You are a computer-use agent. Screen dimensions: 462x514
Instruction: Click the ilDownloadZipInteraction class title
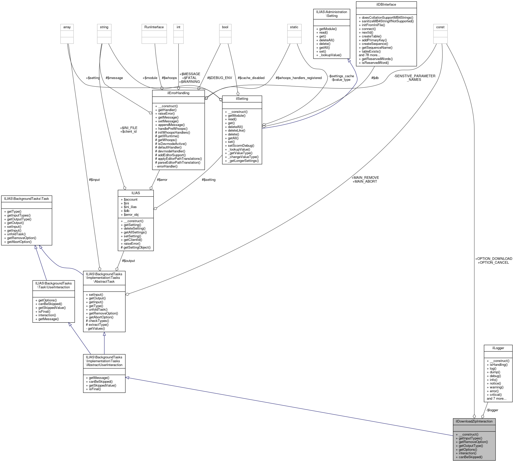click(x=474, y=421)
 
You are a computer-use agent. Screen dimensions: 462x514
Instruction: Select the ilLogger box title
click(x=498, y=348)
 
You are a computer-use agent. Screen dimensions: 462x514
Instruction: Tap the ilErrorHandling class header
click(x=178, y=93)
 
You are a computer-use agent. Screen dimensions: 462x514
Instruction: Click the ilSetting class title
click(x=242, y=99)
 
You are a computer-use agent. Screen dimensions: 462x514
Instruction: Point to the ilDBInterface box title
click(x=386, y=5)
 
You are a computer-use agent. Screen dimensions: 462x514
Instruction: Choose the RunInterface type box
click(x=154, y=27)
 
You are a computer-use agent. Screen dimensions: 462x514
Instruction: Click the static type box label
click(x=294, y=27)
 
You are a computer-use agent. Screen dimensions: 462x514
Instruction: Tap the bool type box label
click(x=225, y=27)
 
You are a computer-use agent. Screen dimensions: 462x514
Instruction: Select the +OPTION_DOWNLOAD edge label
click(x=493, y=259)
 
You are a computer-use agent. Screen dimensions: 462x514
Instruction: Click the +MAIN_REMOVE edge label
click(x=365, y=178)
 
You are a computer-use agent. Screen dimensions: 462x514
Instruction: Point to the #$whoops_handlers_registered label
click(x=299, y=78)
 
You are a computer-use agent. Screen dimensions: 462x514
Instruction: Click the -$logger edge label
click(x=492, y=410)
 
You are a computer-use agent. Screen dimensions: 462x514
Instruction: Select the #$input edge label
click(x=94, y=180)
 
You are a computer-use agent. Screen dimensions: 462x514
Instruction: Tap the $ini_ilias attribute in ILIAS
click(x=130, y=207)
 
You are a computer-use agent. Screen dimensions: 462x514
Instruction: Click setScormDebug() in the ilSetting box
click(x=241, y=145)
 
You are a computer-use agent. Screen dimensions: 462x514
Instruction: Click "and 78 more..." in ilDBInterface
click(x=369, y=55)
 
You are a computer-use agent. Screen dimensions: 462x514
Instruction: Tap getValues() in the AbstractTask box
click(x=96, y=328)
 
